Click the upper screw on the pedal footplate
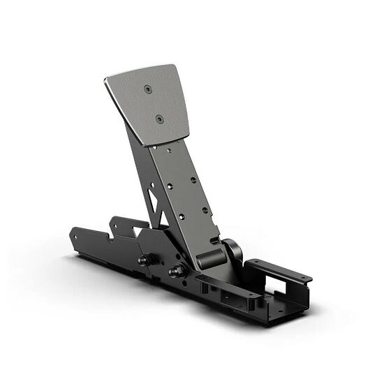149,88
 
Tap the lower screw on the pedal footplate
158,119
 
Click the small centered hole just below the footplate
169,147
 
